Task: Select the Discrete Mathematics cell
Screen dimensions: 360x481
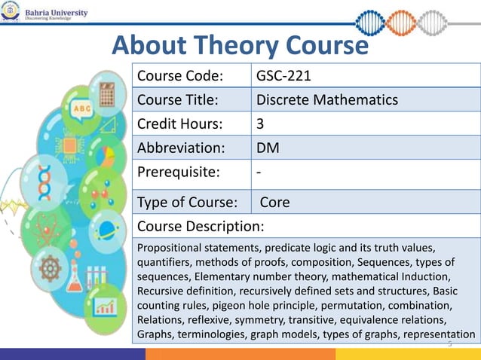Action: (x=327, y=100)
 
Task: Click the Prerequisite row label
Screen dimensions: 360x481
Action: (x=179, y=172)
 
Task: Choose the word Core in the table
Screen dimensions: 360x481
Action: (x=275, y=203)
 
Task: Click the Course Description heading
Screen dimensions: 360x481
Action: (x=200, y=226)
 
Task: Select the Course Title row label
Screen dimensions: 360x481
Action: (x=178, y=100)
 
